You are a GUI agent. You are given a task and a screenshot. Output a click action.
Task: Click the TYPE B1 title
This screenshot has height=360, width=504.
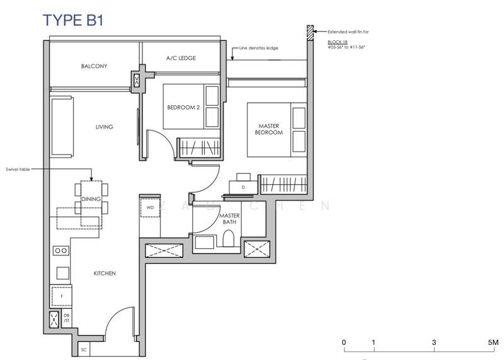tap(73, 20)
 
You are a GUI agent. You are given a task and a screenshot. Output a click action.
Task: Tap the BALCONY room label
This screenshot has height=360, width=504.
tap(94, 66)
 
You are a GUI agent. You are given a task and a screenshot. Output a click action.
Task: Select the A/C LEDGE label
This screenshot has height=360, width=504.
tap(181, 58)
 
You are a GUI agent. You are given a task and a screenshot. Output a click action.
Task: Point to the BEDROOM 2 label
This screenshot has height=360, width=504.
tap(183, 108)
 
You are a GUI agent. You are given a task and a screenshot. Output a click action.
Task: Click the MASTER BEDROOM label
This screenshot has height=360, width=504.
tap(269, 129)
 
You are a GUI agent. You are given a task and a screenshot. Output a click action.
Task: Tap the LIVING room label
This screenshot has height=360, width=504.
tap(104, 127)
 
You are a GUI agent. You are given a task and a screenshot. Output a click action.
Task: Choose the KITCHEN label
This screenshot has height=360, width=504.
tap(105, 273)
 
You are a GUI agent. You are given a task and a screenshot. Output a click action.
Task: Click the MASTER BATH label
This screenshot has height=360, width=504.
tap(228, 219)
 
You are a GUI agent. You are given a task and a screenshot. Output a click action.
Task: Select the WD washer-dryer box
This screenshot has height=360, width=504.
tap(150, 207)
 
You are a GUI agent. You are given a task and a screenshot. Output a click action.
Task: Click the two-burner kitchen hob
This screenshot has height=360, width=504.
tap(60, 250)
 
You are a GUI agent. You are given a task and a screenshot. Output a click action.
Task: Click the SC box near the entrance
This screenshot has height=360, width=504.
tap(83, 348)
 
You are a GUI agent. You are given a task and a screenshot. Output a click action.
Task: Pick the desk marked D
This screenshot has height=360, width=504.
tap(243, 186)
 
